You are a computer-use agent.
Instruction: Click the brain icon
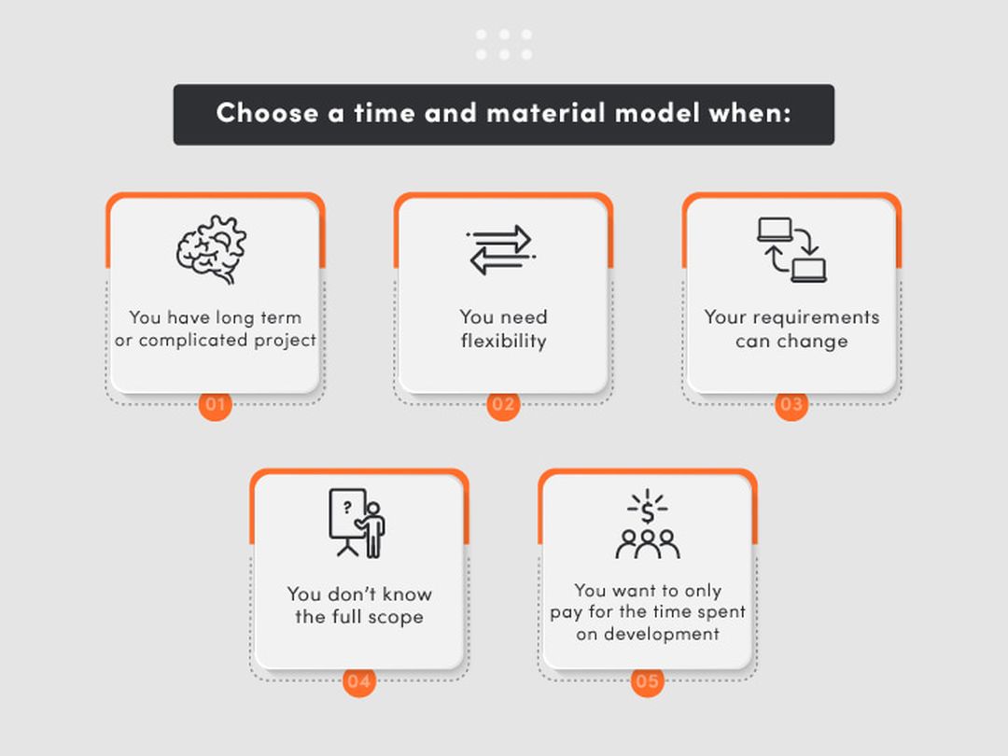212,249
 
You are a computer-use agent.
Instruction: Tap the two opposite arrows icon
501,250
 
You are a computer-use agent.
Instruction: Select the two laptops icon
792,250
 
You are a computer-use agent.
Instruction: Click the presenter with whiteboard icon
357,524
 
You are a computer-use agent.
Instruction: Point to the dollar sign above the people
648,513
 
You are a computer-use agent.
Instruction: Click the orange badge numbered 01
215,404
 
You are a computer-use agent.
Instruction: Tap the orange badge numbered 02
503,404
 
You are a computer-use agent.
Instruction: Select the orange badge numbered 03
791,404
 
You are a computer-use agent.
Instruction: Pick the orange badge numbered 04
358,681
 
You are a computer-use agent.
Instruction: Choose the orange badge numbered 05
648,681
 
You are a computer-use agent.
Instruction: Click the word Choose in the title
268,113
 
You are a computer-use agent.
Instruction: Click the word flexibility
503,341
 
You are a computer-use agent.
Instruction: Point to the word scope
396,618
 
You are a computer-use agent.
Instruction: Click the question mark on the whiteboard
347,508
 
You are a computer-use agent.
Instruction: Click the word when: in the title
749,113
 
